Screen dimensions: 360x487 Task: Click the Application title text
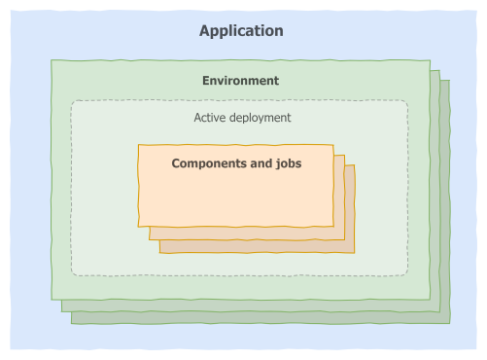tap(241, 31)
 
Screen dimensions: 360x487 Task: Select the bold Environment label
tap(240, 81)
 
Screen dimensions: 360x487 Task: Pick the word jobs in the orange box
tap(287, 163)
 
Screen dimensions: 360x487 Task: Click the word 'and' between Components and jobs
tap(260, 163)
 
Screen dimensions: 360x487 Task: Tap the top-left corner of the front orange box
tap(139, 146)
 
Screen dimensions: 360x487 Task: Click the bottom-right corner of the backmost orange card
tap(355, 253)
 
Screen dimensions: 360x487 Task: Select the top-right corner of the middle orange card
tap(344, 157)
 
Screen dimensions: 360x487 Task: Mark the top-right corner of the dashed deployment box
tap(406, 102)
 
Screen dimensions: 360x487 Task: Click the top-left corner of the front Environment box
tap(52, 60)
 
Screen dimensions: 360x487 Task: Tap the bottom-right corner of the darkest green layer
tap(450, 323)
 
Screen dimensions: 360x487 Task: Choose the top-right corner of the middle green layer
tap(439, 70)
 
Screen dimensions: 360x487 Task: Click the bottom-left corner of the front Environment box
tap(52, 300)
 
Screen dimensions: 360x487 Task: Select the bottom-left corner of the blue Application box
tap(11, 348)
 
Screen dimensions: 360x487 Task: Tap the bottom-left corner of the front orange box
tap(139, 226)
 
